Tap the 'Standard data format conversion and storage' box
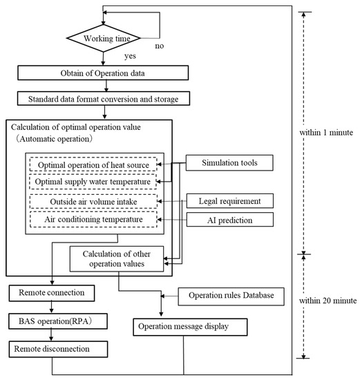103,99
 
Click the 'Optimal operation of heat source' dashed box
94,166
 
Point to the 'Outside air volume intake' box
94,202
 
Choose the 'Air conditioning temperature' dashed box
94,219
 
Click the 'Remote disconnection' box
52,349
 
